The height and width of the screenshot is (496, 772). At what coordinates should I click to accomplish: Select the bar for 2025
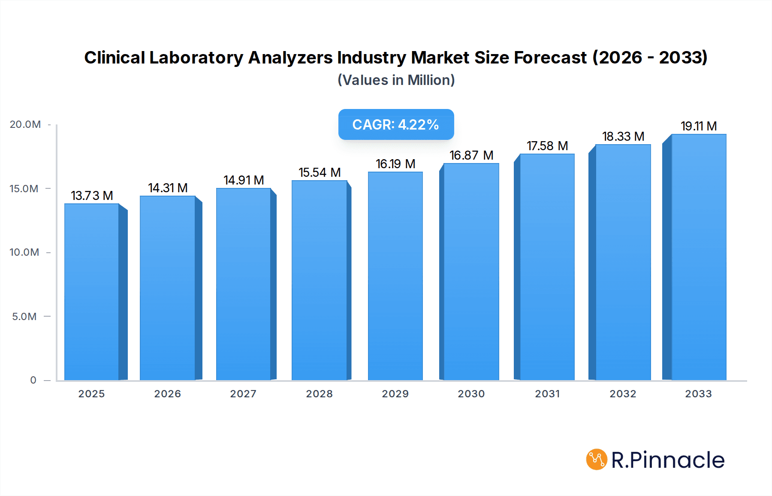92,292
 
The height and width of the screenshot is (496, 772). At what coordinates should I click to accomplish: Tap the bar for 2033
698,257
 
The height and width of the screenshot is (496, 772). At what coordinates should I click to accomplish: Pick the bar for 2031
547,267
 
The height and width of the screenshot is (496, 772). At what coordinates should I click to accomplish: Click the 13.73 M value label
92,196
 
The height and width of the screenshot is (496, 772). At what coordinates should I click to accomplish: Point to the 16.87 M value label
471,155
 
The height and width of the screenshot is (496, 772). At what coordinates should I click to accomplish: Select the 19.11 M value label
699,126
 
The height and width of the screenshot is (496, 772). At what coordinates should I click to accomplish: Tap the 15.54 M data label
320,172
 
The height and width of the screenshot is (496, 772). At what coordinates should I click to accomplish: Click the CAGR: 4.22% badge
396,124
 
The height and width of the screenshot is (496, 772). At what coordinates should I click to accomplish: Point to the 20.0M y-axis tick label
25,124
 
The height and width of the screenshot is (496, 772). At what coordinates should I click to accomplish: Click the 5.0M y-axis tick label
24,317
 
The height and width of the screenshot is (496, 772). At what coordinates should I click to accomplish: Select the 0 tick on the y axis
33,380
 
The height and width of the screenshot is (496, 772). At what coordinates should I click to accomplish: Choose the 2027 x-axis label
243,394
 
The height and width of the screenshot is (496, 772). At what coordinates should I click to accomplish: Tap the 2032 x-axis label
623,394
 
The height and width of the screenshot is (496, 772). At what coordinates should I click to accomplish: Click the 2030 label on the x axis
471,394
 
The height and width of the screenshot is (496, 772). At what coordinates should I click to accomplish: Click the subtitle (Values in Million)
396,80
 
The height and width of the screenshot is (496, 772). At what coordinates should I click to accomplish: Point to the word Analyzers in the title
290,57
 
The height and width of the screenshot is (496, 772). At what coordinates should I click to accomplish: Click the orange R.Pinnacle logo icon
597,460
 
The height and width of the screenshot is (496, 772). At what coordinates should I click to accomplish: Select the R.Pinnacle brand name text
668,460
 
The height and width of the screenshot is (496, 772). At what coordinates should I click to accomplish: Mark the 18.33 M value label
623,136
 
